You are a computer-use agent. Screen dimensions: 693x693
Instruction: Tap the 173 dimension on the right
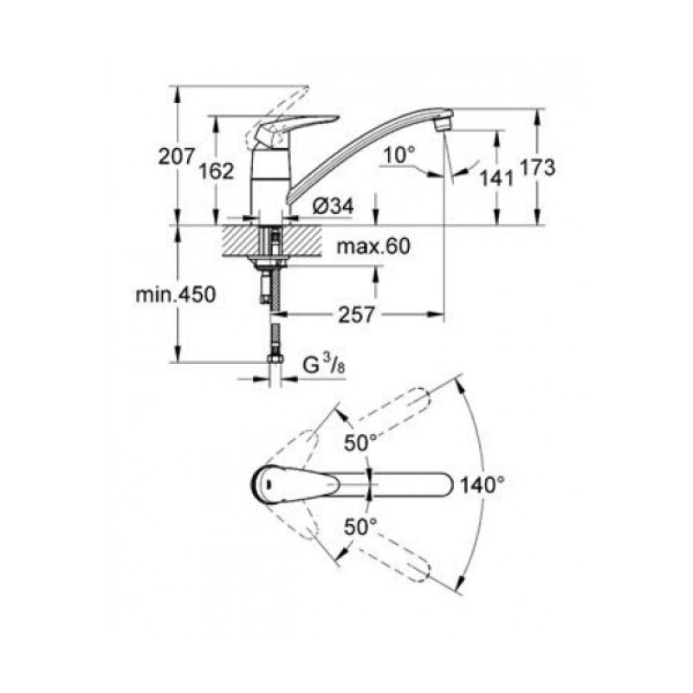point(538,168)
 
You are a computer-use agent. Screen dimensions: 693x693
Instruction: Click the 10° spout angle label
point(400,154)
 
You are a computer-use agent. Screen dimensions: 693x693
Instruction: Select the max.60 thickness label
point(372,247)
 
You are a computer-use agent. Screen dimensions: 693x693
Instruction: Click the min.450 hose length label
point(174,294)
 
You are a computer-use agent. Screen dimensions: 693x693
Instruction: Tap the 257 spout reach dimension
point(356,314)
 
